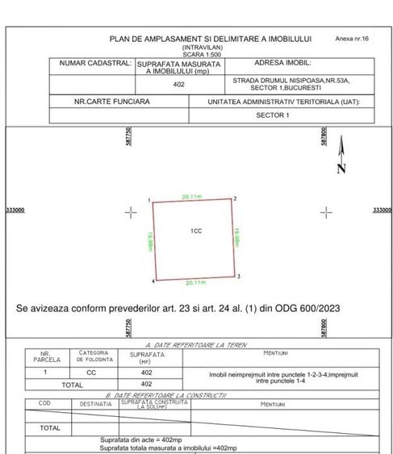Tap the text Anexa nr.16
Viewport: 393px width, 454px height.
pos(351,38)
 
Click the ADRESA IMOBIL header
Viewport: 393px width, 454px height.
pos(282,61)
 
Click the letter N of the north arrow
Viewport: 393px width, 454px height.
pos(341,169)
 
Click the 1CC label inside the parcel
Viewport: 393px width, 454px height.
pos(195,231)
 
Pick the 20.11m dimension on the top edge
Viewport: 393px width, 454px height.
pos(191,195)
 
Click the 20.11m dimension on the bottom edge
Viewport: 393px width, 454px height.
pos(196,283)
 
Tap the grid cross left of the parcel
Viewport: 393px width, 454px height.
pos(131,213)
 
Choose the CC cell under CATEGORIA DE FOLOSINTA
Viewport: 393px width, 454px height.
pos(91,373)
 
